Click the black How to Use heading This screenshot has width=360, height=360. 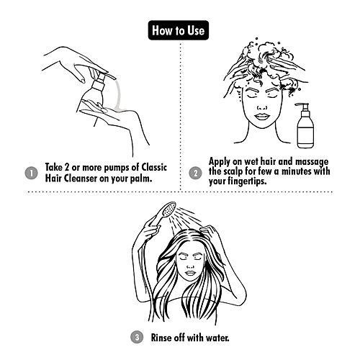pos(179,31)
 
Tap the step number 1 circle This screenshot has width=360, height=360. pos(30,174)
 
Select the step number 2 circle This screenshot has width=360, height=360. pos(195,174)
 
